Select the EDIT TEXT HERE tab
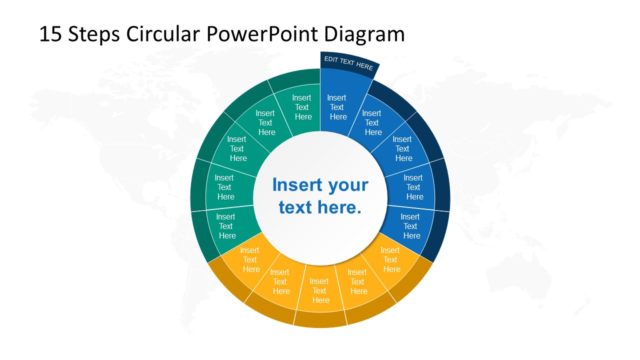click(348, 63)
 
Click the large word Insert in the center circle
click(300, 185)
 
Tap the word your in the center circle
click(348, 185)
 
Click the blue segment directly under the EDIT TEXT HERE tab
click(337, 110)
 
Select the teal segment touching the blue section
click(300, 110)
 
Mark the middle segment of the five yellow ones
click(320, 285)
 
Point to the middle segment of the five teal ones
click(224, 186)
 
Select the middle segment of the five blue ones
click(412, 186)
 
